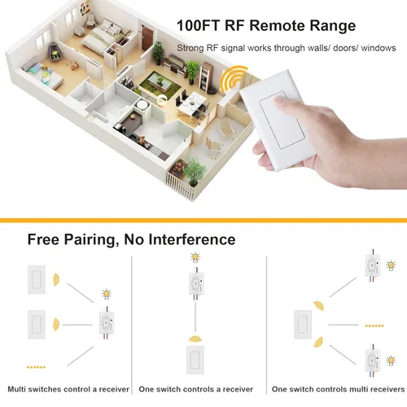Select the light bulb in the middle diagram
click(194, 258)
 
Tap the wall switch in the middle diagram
click(195, 359)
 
